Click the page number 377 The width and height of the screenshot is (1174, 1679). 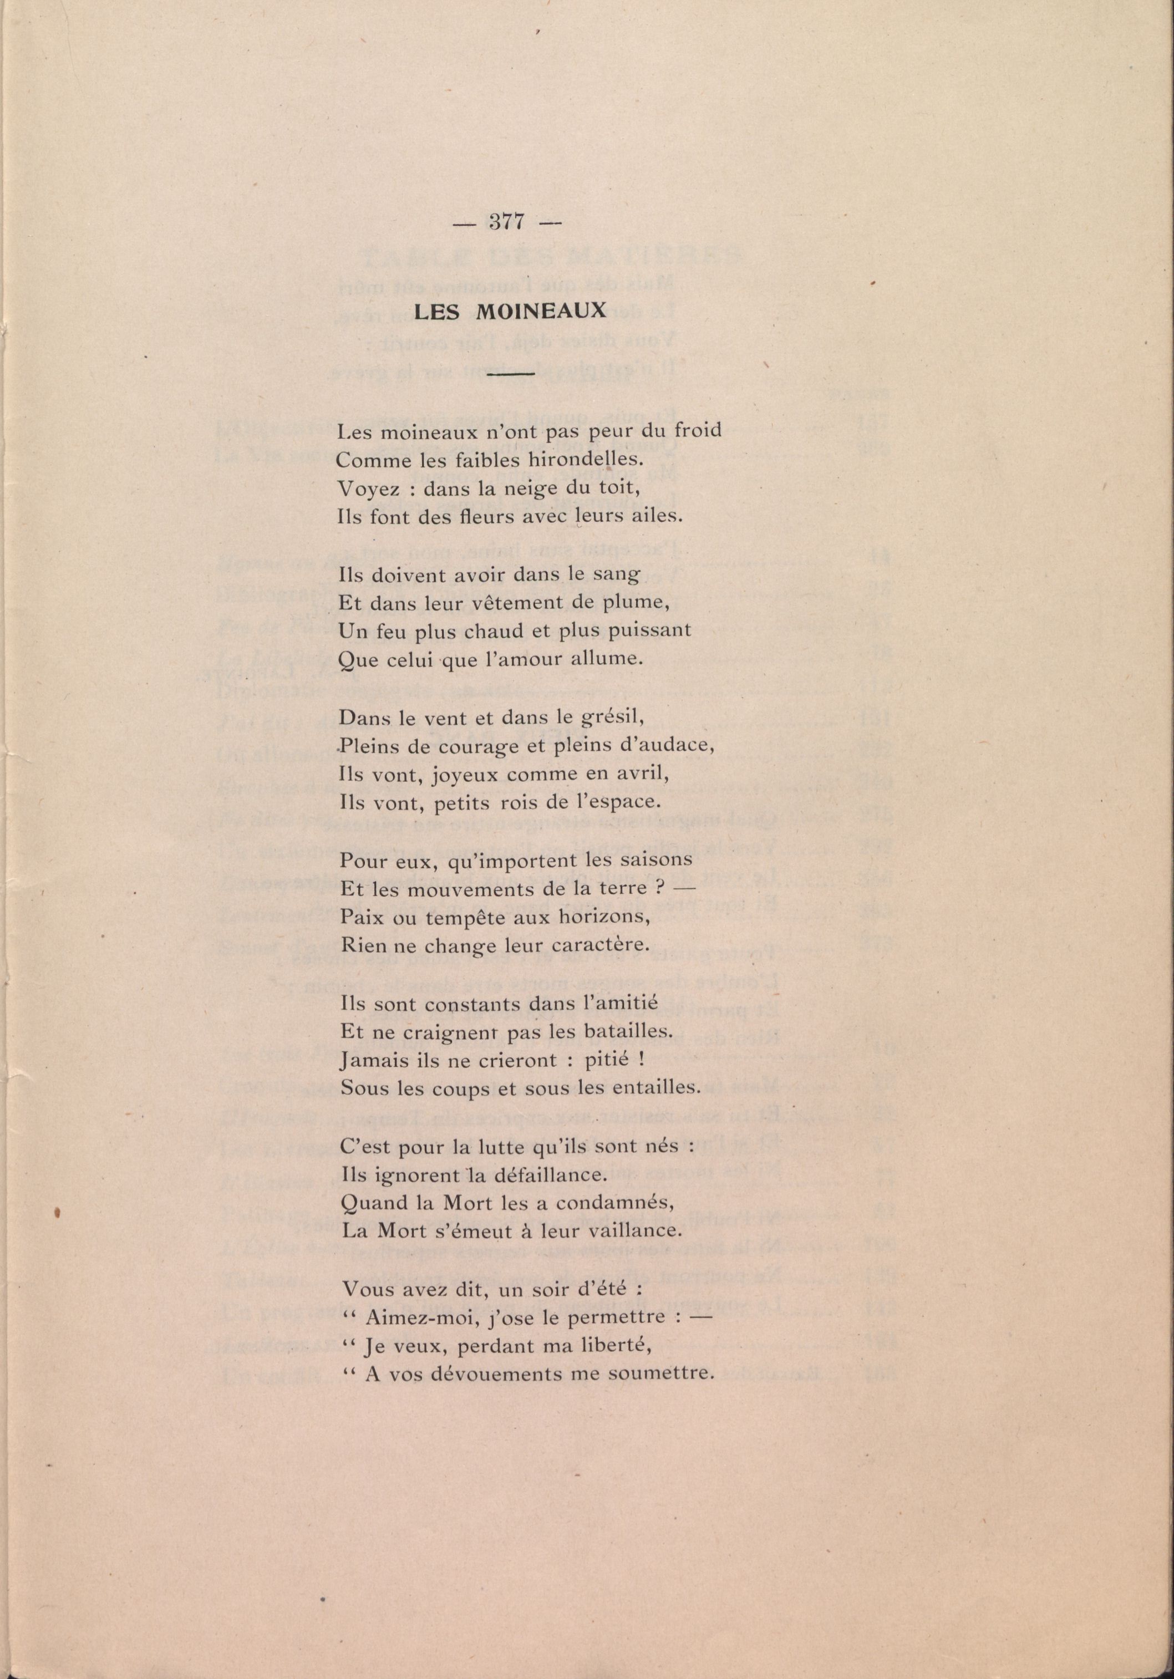[505, 222]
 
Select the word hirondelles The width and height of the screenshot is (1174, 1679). [596, 460]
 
